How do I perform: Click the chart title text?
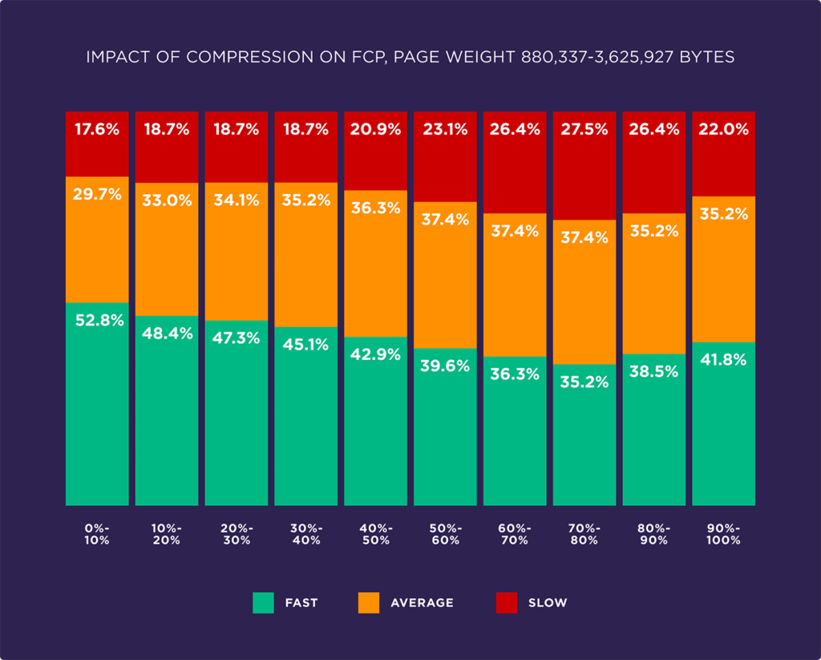pyautogui.click(x=410, y=58)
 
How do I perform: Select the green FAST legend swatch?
pyautogui.click(x=264, y=602)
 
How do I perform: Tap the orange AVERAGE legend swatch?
pyautogui.click(x=368, y=602)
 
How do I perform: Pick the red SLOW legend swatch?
pyautogui.click(x=508, y=602)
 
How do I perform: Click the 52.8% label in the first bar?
pyautogui.click(x=97, y=320)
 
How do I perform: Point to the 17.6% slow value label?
pyautogui.click(x=97, y=129)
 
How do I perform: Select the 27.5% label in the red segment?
pyautogui.click(x=584, y=129)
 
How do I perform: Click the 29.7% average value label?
pyautogui.click(x=97, y=193)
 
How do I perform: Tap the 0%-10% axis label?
pyautogui.click(x=97, y=534)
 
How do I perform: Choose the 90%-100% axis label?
pyautogui.click(x=723, y=534)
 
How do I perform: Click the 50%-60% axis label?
pyautogui.click(x=445, y=534)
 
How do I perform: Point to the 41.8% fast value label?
pyautogui.click(x=723, y=360)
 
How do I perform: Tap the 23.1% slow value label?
pyautogui.click(x=445, y=129)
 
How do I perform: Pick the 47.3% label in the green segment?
pyautogui.click(x=237, y=338)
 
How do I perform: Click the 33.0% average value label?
pyautogui.click(x=167, y=200)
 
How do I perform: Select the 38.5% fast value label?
pyautogui.click(x=653, y=371)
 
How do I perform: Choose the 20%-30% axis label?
pyautogui.click(x=237, y=534)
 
